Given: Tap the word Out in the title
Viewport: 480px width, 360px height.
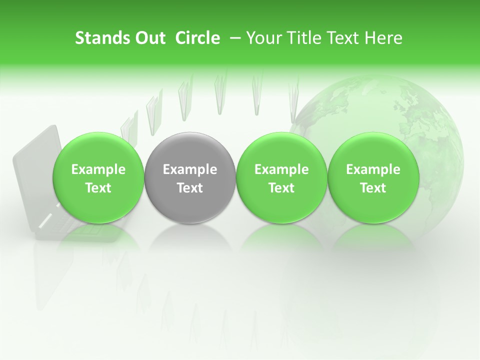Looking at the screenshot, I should point(149,38).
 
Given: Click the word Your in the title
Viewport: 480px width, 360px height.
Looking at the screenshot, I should point(263,38).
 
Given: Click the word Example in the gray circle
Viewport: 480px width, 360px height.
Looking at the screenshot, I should point(190,169).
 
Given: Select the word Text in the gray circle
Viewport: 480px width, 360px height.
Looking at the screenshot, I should point(190,188).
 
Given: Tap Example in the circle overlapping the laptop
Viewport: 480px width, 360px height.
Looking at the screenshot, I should point(98,169).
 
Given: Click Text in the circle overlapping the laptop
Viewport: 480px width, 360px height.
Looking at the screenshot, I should point(98,188).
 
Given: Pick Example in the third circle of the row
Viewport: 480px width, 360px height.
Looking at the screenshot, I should point(281,169).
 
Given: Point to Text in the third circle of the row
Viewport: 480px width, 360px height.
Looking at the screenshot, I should point(281,188).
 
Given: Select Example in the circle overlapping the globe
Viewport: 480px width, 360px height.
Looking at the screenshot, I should point(373,169).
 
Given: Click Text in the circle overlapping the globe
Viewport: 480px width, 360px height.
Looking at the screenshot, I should point(373,188).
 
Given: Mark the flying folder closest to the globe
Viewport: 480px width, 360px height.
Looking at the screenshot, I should point(294,100).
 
